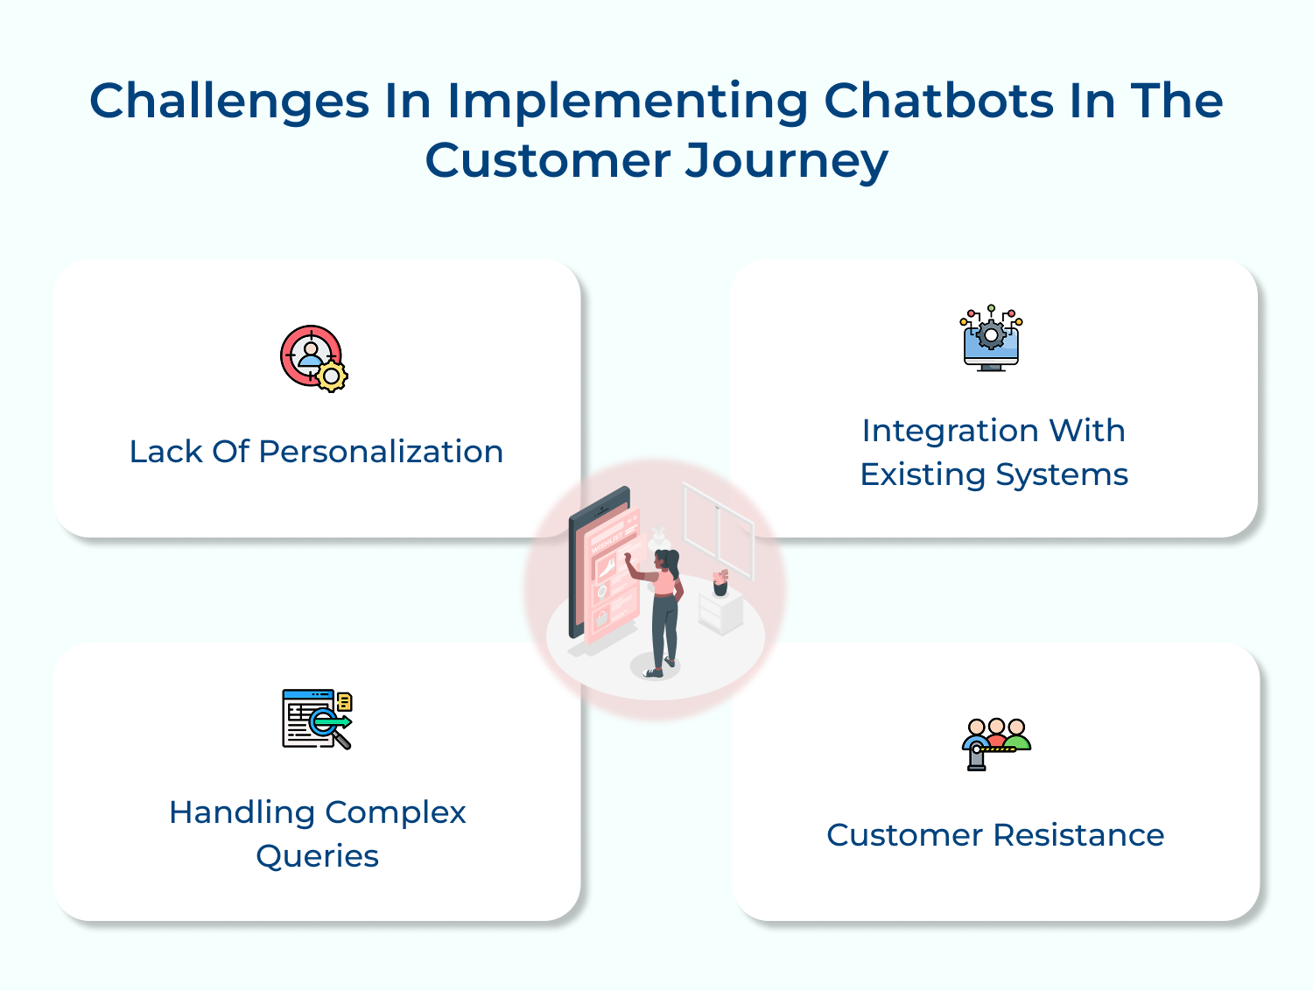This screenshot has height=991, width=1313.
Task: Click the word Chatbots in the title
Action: pyautogui.click(x=938, y=101)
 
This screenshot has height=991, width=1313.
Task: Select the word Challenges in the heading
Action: pyautogui.click(x=229, y=102)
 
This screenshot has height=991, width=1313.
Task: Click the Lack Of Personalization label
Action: pyautogui.click(x=316, y=452)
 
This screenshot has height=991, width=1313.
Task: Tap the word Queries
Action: pyautogui.click(x=317, y=856)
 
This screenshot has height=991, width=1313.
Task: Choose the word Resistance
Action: pyautogui.click(x=1079, y=835)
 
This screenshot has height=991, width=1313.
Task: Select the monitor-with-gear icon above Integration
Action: pyautogui.click(x=991, y=339)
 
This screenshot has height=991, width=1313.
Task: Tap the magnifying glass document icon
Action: pyautogui.click(x=316, y=719)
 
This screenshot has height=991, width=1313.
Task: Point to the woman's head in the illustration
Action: pyautogui.click(x=668, y=559)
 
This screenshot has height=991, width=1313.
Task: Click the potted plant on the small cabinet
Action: pyautogui.click(x=720, y=582)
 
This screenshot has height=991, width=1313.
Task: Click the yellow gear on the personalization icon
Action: pyautogui.click(x=332, y=376)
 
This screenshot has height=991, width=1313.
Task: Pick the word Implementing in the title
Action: pyautogui.click(x=628, y=101)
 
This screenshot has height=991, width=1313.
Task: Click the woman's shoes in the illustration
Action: pyautogui.click(x=659, y=671)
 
